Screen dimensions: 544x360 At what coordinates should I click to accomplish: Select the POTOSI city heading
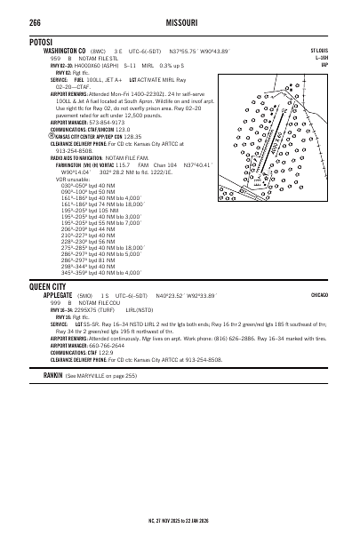click(x=44, y=42)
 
